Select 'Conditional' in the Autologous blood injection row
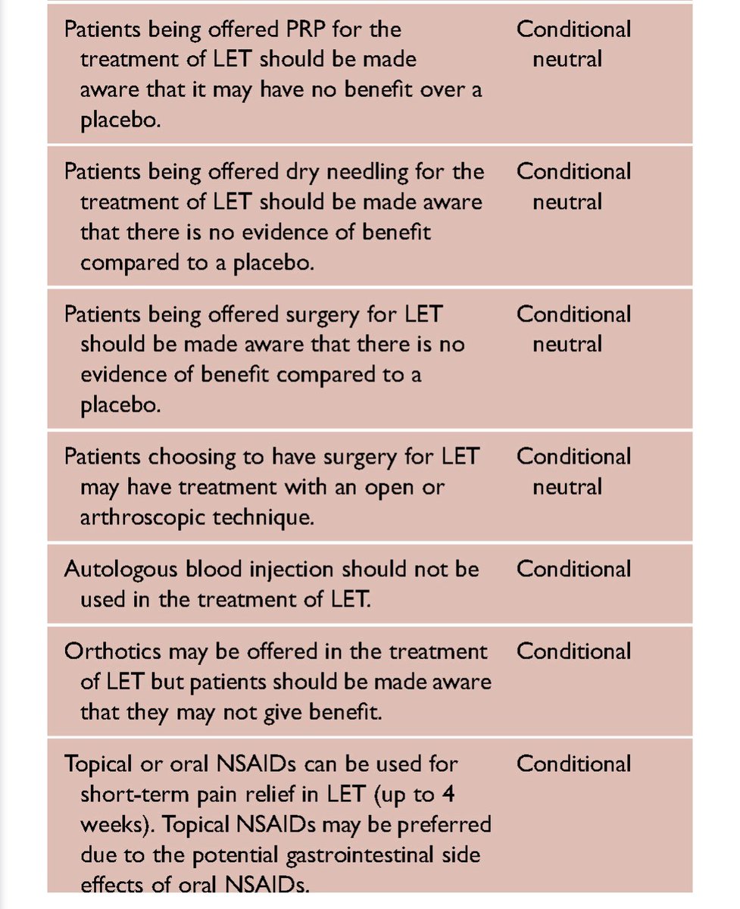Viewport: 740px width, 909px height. [573, 569]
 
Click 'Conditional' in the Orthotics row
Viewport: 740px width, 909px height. [573, 651]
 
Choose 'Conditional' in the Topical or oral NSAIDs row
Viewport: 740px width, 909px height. [573, 764]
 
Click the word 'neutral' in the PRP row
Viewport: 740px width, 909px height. [567, 59]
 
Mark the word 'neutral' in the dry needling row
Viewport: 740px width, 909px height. [567, 202]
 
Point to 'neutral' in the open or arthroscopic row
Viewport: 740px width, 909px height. [567, 487]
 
